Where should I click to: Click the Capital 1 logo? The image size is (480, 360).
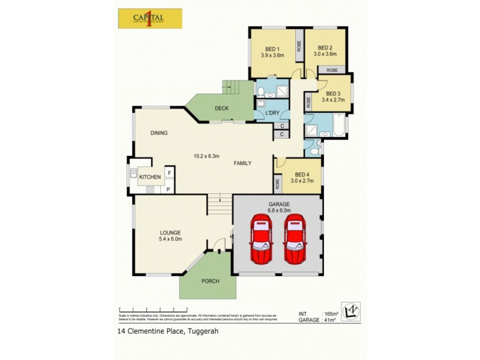tap(148, 18)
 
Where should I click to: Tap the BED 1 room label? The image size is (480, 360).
tap(272, 49)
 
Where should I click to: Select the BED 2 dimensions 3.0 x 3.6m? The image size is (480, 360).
tap(325, 55)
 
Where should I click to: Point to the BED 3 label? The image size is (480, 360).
tap(333, 94)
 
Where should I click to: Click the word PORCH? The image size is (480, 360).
tap(211, 281)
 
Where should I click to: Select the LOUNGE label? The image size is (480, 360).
tap(170, 233)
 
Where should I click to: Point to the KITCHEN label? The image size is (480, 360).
tap(150, 178)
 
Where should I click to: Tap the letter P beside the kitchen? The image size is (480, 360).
tap(169, 190)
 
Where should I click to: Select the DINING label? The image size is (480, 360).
tap(159, 133)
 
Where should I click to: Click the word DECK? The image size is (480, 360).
tap(221, 109)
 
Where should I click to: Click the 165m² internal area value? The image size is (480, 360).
tap(331, 314)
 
